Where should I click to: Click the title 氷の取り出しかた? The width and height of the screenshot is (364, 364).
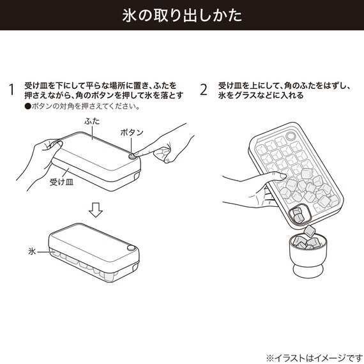182,16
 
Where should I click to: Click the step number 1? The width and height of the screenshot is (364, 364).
11,89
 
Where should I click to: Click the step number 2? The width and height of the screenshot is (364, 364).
204,89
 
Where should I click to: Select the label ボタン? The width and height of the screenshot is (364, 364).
132,132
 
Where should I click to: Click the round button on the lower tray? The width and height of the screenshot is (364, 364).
130,248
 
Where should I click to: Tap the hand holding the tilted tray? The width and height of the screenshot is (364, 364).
246,185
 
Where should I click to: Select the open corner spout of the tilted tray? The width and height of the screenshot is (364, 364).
296,215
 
